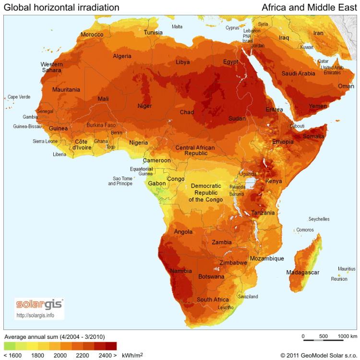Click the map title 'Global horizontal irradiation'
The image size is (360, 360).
(61, 8)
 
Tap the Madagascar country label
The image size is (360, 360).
(302, 272)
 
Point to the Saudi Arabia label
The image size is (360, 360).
(298, 73)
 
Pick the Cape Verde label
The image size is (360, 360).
(19, 97)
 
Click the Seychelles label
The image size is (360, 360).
(319, 219)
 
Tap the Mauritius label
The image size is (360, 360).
(346, 269)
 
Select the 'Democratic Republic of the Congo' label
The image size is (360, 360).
(205, 192)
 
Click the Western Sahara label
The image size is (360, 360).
(51, 67)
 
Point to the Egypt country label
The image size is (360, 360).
(230, 62)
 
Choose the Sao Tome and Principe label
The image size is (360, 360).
(120, 180)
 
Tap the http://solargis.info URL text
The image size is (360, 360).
(35, 315)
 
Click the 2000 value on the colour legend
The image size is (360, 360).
(60, 355)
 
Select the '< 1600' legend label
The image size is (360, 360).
(12, 355)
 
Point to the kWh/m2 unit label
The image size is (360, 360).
(132, 355)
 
